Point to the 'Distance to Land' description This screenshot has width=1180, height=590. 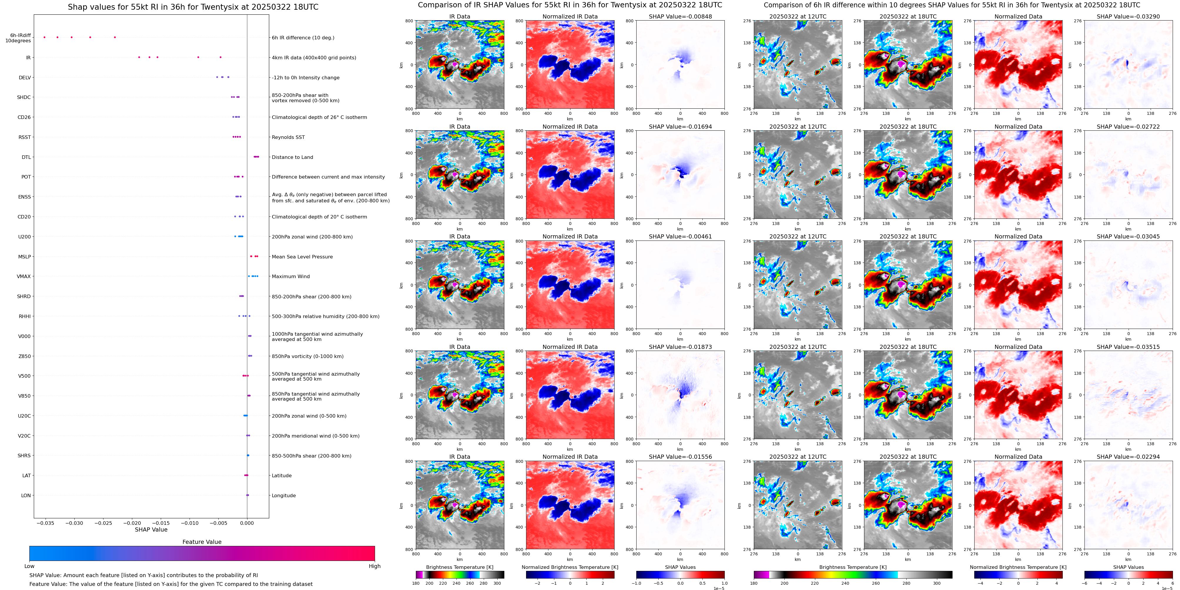pos(292,157)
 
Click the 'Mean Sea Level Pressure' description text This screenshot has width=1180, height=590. pos(302,257)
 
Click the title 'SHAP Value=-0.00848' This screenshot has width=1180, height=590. pos(680,16)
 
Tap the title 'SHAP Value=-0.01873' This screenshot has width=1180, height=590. pos(680,347)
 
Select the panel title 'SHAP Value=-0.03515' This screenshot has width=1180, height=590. pos(1128,347)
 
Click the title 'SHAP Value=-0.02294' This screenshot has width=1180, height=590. pos(1128,457)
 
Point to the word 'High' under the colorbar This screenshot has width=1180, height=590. pos(374,566)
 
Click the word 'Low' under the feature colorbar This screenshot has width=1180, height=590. pos(29,566)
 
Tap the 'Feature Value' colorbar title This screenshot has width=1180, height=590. pos(202,542)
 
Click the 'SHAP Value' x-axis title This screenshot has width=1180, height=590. pos(151,530)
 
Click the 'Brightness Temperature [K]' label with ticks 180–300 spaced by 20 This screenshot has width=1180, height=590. pos(459,567)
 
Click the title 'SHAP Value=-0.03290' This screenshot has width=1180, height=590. pos(1128,16)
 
